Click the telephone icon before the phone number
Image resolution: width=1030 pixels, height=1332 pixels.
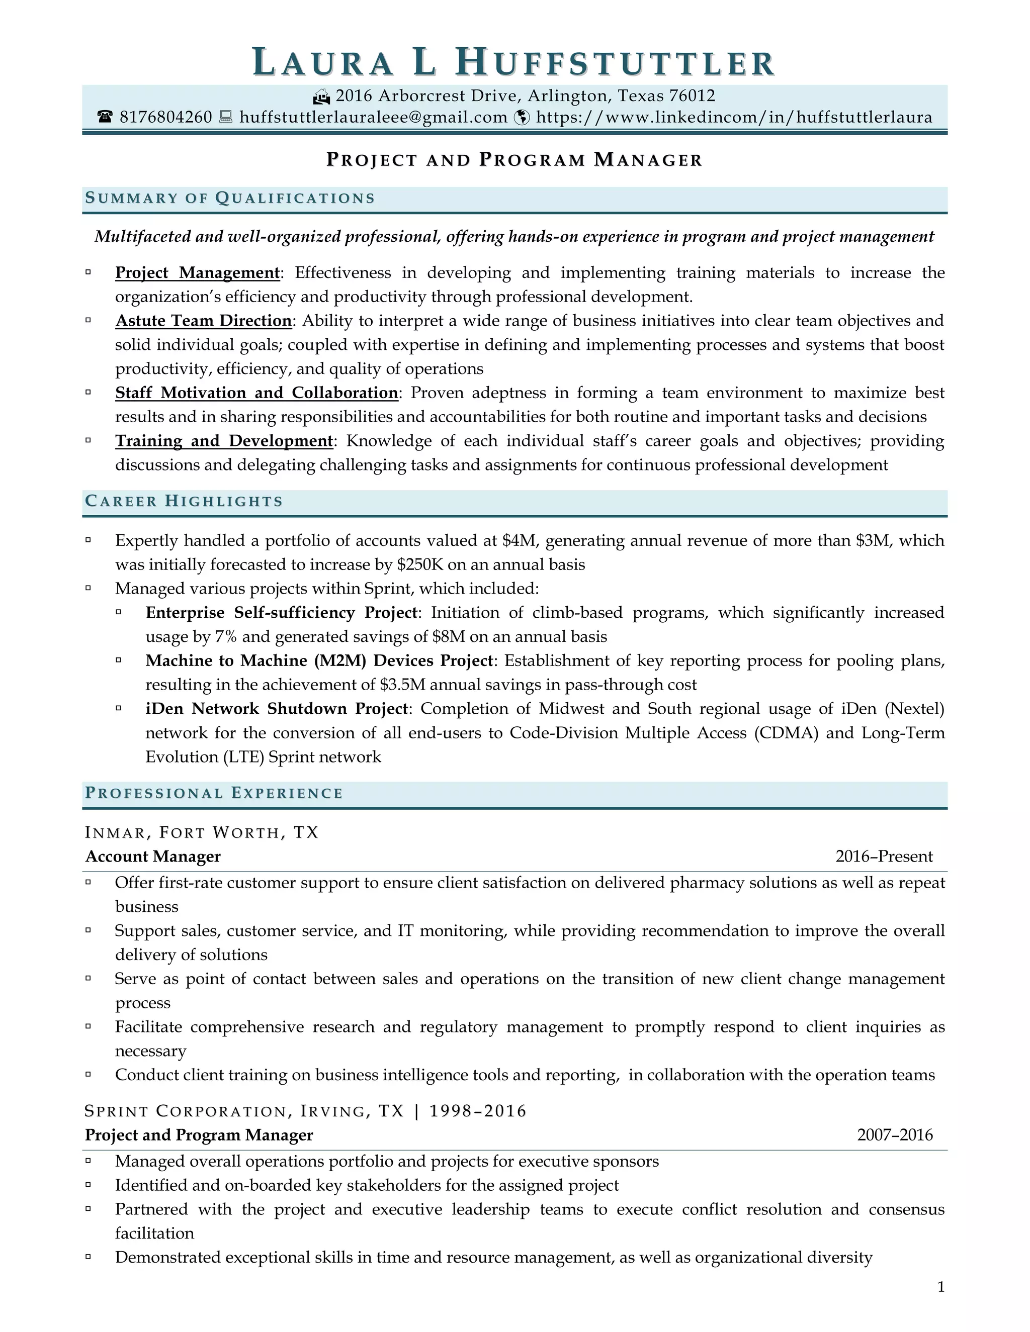coord(105,117)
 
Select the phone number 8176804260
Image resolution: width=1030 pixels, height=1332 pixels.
coord(165,117)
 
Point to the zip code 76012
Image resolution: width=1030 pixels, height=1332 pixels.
coord(692,96)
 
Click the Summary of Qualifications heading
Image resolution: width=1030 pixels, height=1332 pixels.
coord(230,198)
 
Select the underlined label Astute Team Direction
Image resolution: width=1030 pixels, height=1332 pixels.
coord(204,321)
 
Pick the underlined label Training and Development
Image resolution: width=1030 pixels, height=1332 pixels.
coord(224,441)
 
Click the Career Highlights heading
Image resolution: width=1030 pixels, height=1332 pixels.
coord(184,501)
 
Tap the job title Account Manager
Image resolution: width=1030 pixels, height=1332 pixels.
coord(153,857)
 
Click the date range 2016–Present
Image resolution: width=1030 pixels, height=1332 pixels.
coord(884,857)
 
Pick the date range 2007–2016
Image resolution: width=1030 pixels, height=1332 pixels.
coord(895,1135)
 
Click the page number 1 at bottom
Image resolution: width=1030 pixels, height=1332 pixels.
coord(940,1287)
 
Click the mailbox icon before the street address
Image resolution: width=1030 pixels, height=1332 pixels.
coord(321,97)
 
